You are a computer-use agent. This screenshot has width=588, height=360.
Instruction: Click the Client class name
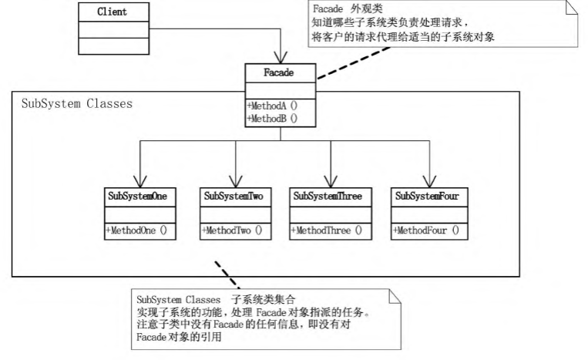113,12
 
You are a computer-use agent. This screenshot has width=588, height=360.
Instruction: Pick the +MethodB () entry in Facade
271,119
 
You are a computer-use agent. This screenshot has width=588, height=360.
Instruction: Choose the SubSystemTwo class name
234,197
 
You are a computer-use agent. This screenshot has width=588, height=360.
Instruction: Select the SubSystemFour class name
427,197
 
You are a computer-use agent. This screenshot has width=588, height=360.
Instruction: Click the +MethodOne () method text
136,230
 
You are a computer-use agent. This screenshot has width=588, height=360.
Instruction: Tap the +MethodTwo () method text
231,230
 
